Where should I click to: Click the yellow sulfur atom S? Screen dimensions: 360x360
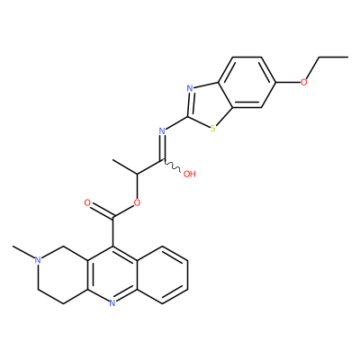click(x=213, y=129)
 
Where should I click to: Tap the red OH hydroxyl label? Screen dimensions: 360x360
click(x=189, y=174)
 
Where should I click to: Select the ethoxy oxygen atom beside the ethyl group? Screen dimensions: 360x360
click(x=304, y=82)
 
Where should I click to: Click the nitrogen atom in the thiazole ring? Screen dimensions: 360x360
click(x=189, y=88)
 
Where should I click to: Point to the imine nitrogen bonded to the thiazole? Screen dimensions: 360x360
click(x=162, y=130)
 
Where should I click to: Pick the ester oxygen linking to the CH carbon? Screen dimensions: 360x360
click(x=137, y=202)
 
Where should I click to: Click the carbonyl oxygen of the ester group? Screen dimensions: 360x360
click(x=87, y=202)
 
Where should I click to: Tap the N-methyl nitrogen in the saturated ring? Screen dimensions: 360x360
click(x=38, y=260)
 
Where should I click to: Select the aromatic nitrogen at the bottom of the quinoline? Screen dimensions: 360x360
click(x=112, y=303)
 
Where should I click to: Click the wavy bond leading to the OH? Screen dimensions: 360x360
click(x=172, y=166)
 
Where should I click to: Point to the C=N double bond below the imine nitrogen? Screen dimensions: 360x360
click(x=163, y=148)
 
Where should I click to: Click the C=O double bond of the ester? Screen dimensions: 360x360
click(x=102, y=211)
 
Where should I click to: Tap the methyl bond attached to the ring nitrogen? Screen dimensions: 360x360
click(x=23, y=252)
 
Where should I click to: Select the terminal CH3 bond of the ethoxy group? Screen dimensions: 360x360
click(x=333, y=57)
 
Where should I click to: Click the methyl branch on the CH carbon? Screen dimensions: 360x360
click(x=125, y=166)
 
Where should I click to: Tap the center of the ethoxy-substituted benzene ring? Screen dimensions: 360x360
click(x=247, y=82)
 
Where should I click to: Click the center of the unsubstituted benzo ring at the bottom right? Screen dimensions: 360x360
click(x=162, y=274)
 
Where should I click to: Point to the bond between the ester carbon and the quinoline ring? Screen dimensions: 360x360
click(x=112, y=231)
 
